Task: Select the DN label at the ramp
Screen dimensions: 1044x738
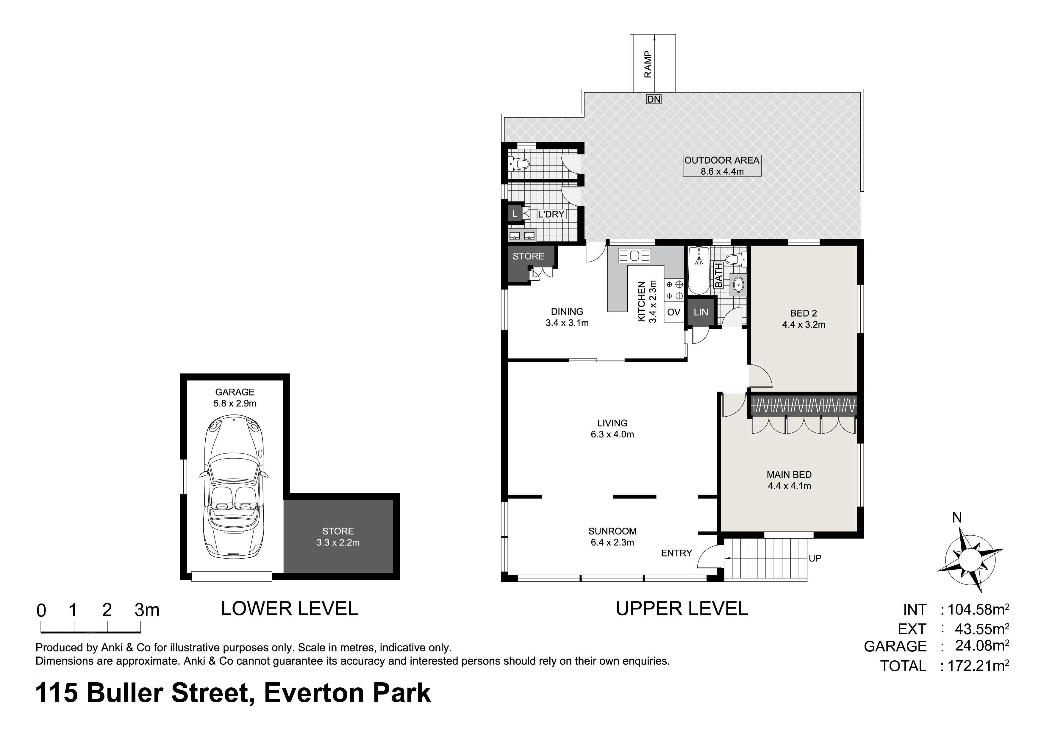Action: [654, 99]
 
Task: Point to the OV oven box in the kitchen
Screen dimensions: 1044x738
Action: [673, 312]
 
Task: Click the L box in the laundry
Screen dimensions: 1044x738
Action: [515, 214]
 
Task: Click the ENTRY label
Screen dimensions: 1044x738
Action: [676, 553]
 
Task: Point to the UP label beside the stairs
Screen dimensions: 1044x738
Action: [815, 558]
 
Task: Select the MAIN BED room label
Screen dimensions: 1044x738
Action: [789, 474]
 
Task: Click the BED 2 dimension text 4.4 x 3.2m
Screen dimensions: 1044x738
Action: [804, 325]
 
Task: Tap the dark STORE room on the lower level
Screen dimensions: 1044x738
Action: [338, 537]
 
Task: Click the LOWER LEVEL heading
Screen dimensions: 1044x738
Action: [289, 609]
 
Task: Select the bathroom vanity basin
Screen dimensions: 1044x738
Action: [738, 285]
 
